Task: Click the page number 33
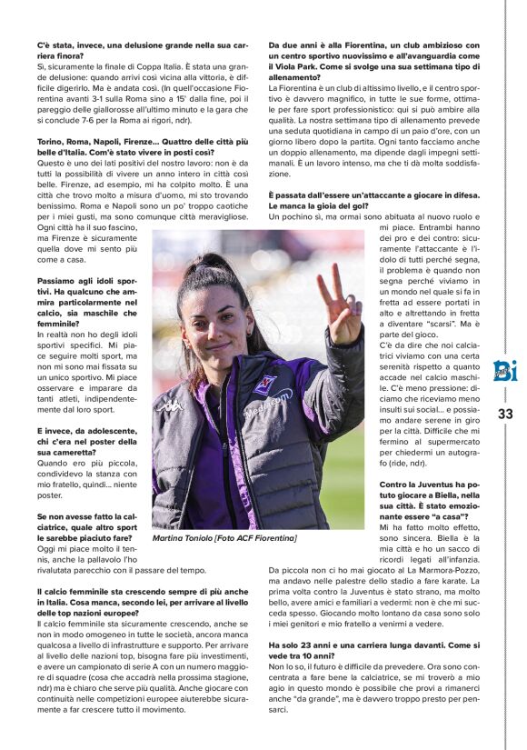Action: click(x=505, y=414)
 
